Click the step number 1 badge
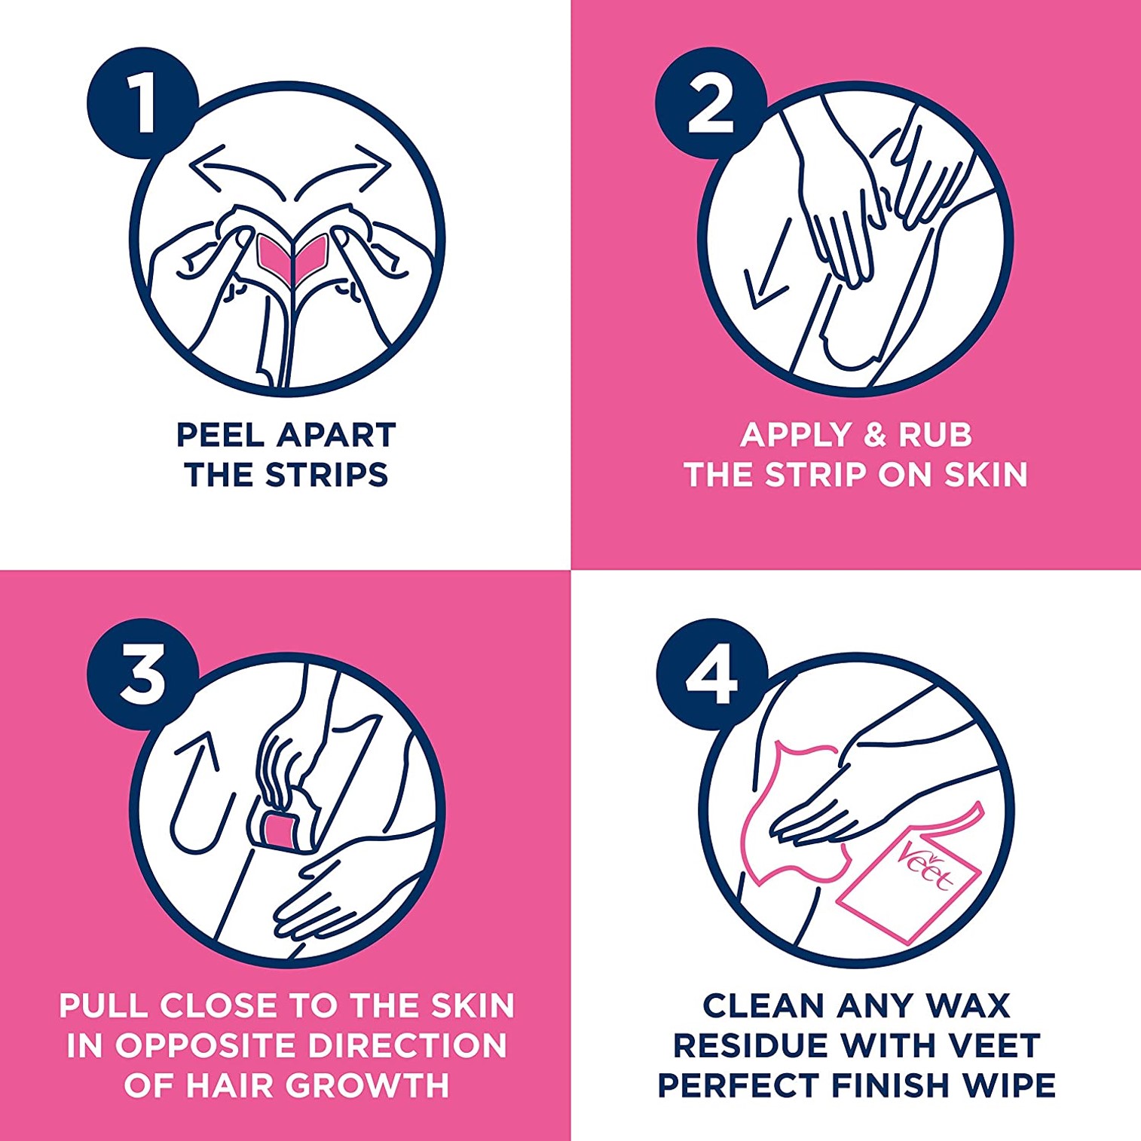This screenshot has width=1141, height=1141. (x=142, y=103)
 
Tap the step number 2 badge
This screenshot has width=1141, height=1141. (x=711, y=103)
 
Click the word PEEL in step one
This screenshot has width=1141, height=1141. (x=220, y=435)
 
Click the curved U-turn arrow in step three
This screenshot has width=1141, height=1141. (x=197, y=799)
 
